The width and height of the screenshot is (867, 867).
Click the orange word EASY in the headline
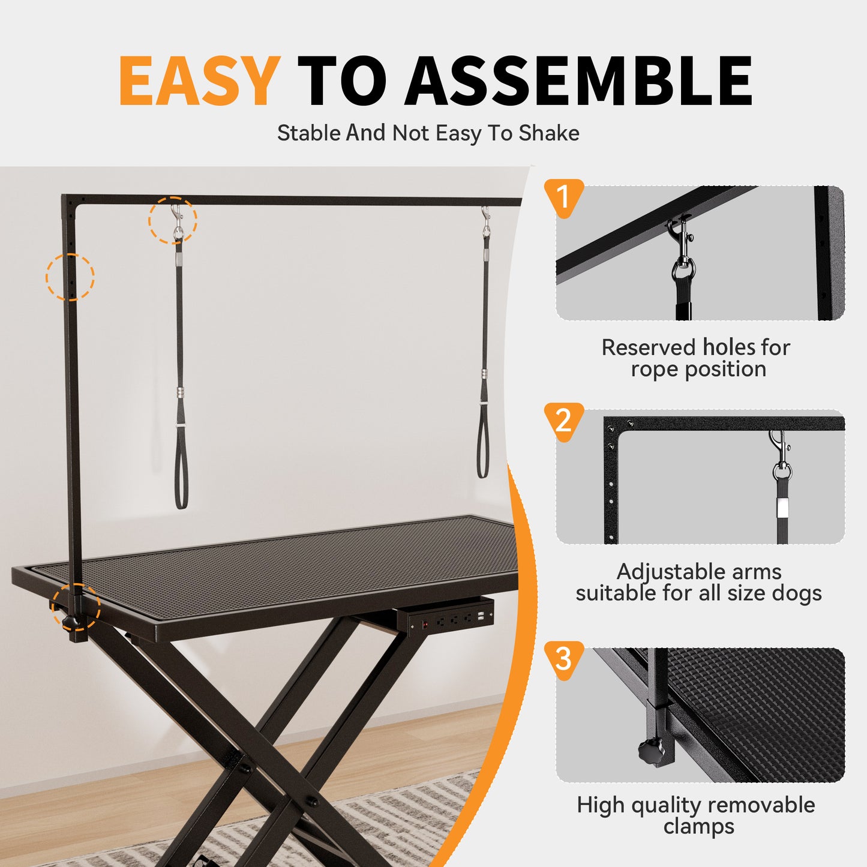pos(199,81)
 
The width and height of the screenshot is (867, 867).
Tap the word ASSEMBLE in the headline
pos(578,81)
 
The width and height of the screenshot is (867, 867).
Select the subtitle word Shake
pos(549,133)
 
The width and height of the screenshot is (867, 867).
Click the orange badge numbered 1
pos(563,197)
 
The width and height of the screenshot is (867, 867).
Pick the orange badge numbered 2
pos(563,421)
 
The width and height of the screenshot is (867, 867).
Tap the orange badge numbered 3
pos(563,659)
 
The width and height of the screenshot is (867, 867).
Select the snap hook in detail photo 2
pos(780,452)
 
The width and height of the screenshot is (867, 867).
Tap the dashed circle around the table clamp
pos(76,607)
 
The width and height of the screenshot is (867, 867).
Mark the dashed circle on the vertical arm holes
pos(70,277)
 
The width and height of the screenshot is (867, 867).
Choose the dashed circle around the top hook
pos(173,220)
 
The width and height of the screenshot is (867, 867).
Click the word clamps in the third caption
pos(698,826)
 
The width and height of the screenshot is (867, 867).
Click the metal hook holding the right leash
pos(485,222)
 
